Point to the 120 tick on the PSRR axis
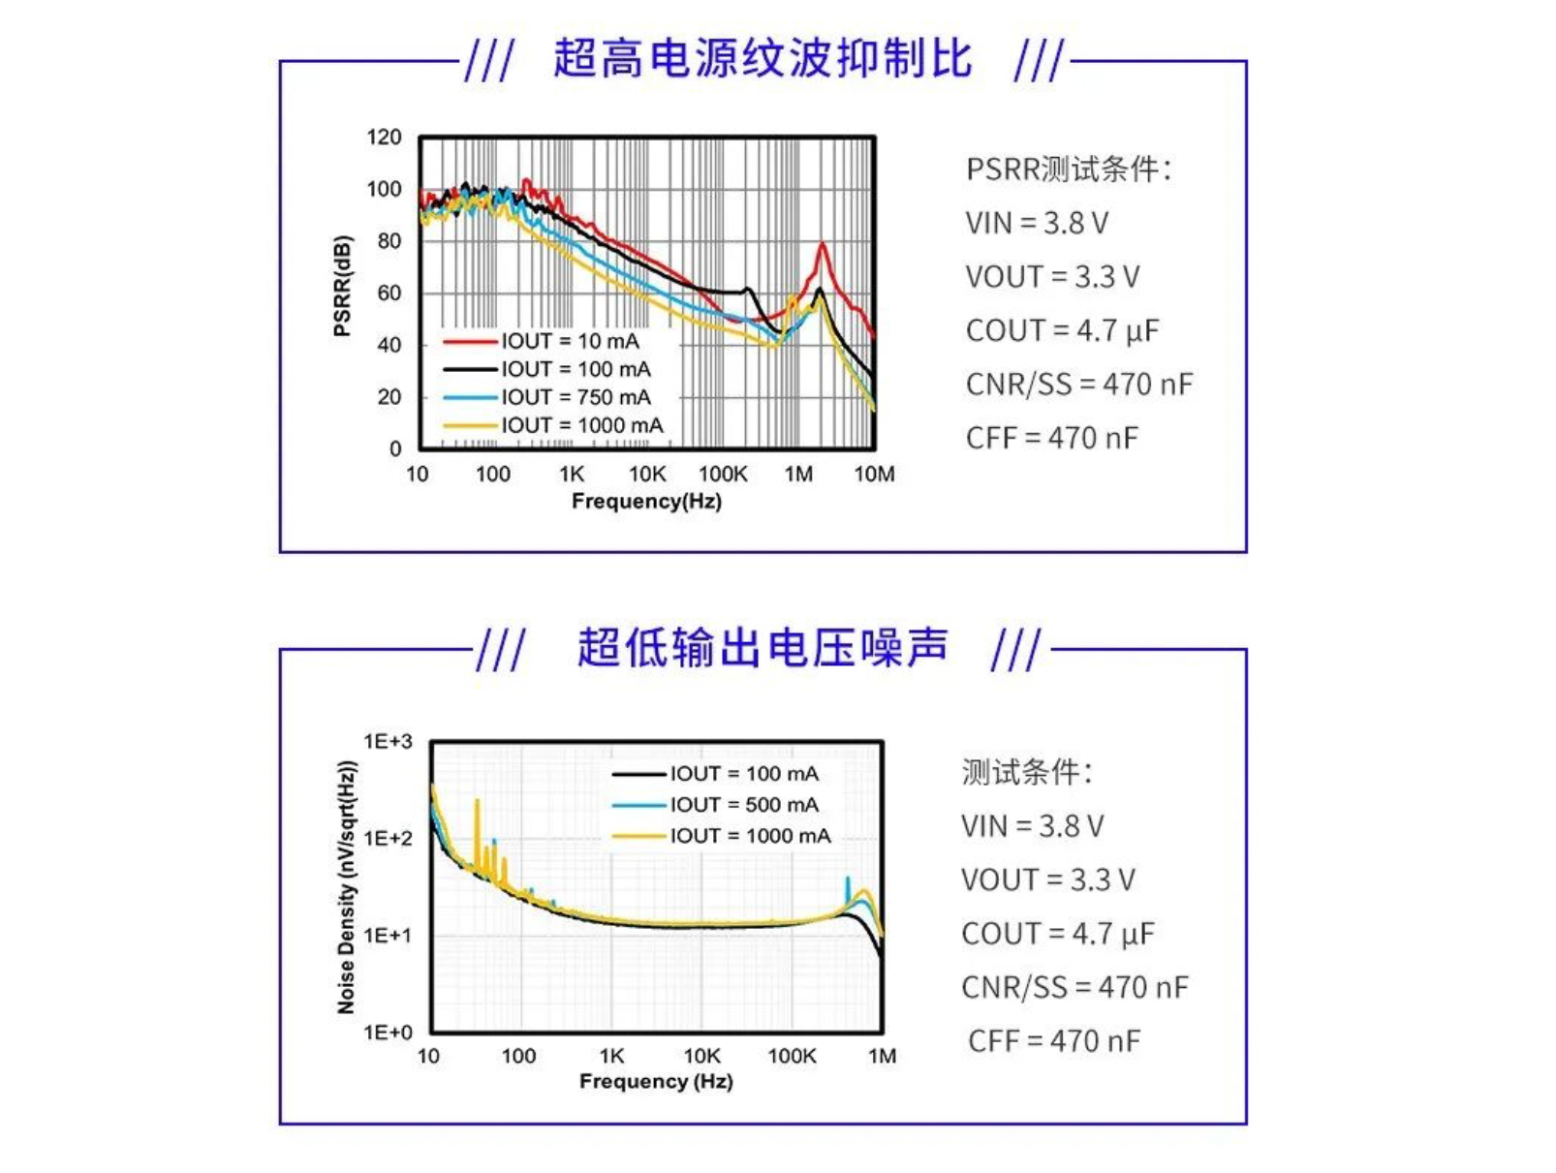click(x=384, y=138)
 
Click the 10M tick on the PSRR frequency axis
click(x=874, y=475)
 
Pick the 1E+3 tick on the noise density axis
click(x=388, y=742)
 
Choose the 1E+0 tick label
click(x=388, y=1033)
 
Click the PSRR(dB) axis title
click(x=342, y=286)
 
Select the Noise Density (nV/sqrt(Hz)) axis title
click(x=347, y=887)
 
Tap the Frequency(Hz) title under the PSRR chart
click(x=646, y=502)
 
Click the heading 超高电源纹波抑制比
click(x=762, y=59)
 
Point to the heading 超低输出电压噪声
click(x=762, y=648)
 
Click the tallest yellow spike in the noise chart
click(x=477, y=802)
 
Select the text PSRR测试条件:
click(x=1069, y=170)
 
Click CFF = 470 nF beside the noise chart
click(x=1054, y=1041)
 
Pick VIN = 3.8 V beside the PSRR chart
click(x=1036, y=224)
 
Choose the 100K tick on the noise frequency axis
click(x=792, y=1057)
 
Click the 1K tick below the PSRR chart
click(x=572, y=475)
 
